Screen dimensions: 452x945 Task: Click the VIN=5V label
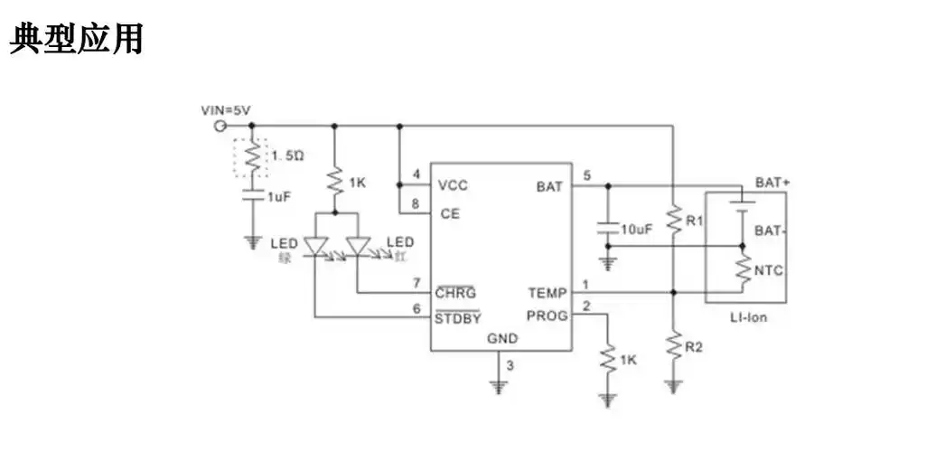pyautogui.click(x=225, y=110)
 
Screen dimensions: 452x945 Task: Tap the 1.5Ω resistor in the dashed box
pyautogui.click(x=254, y=157)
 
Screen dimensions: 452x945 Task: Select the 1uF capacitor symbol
pyautogui.click(x=254, y=194)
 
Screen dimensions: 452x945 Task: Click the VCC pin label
pyautogui.click(x=453, y=185)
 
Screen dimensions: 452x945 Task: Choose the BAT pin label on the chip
pyautogui.click(x=548, y=186)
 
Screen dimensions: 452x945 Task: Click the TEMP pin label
pyautogui.click(x=547, y=293)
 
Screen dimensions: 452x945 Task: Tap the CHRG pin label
pyautogui.click(x=455, y=293)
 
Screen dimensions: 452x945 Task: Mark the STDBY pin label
pyautogui.click(x=457, y=317)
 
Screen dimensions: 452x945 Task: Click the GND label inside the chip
pyautogui.click(x=502, y=339)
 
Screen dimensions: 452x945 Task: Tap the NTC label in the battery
pyautogui.click(x=770, y=269)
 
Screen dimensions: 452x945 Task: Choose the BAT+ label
pyautogui.click(x=772, y=182)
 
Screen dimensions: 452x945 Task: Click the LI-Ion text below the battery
pyautogui.click(x=748, y=317)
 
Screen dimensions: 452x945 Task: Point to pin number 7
pyautogui.click(x=416, y=283)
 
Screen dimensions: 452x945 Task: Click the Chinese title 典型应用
pyautogui.click(x=77, y=40)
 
